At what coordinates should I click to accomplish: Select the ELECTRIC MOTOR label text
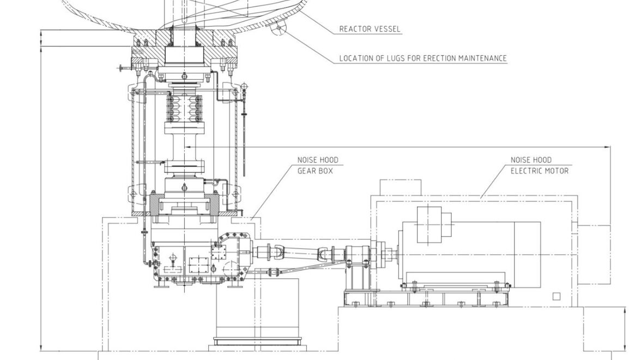pos(539,171)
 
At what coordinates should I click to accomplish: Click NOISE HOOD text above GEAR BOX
pos(317,160)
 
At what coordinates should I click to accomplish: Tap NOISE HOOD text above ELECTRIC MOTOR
pos(530,160)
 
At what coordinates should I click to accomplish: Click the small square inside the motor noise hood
pos(556,297)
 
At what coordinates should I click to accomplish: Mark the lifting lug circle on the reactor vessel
pos(280,27)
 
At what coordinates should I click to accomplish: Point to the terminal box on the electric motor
pos(435,224)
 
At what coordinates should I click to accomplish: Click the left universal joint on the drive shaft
pos(276,253)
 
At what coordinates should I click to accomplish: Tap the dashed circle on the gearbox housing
pos(233,269)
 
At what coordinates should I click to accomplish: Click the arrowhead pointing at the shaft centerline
pos(188,147)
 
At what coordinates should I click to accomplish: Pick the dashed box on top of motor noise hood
pos(400,187)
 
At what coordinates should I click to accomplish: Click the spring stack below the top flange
pos(184,109)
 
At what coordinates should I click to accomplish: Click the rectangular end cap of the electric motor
pos(593,254)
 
